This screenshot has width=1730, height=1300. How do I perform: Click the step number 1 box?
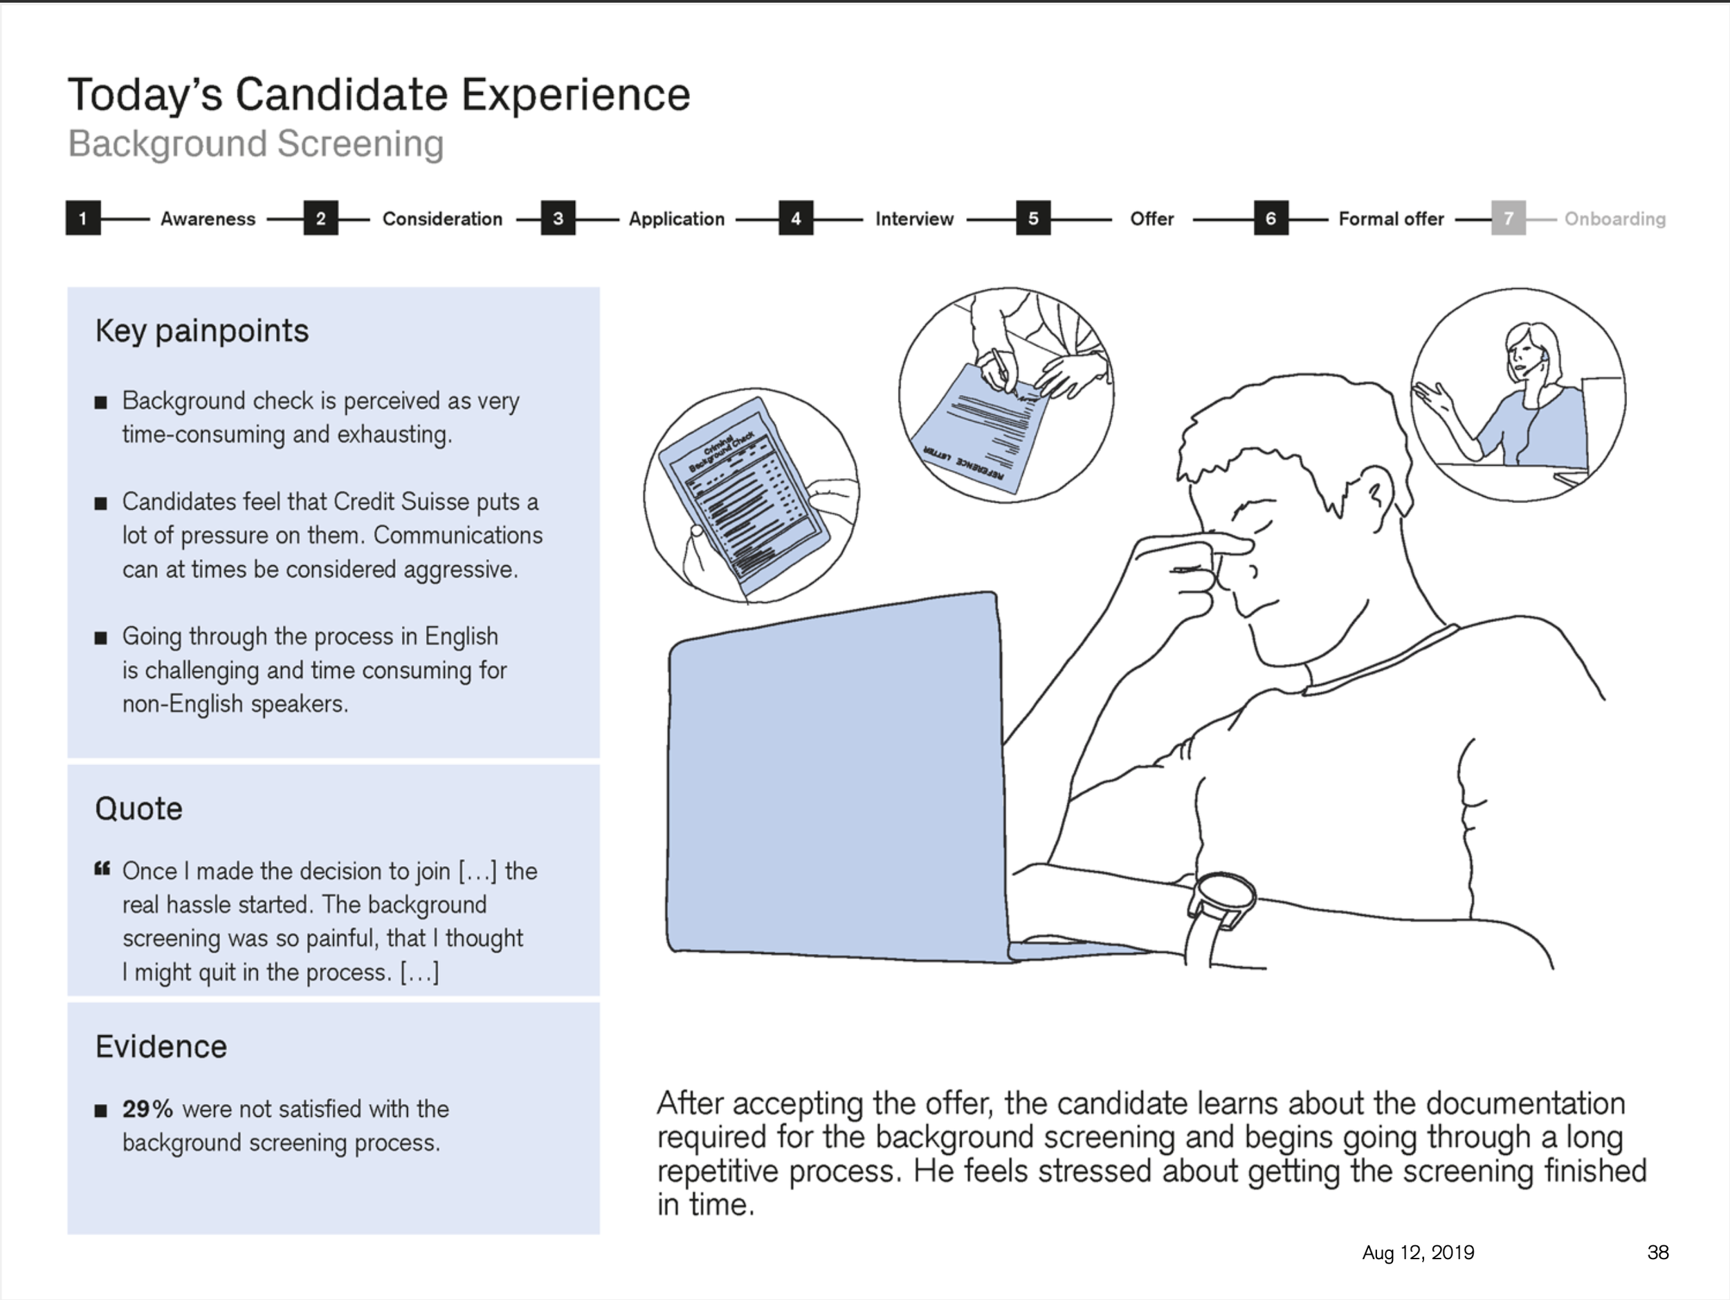coord(83,218)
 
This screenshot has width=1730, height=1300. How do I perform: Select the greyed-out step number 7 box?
coord(1508,218)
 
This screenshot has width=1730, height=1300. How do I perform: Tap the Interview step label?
coord(913,219)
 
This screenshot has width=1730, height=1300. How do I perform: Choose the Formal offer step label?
coord(1390,219)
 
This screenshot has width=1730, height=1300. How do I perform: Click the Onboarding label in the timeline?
coord(1614,219)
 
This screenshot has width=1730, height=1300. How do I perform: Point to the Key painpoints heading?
coord(202,331)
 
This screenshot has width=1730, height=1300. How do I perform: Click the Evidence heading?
coord(161,1046)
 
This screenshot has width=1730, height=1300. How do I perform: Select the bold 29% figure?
coord(147,1108)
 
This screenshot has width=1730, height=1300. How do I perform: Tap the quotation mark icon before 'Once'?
coord(102,869)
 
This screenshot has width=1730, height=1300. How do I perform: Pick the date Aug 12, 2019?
coord(1418,1252)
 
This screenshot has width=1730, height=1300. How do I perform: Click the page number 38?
coord(1657,1252)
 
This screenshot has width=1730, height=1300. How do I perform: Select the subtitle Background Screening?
coord(256,144)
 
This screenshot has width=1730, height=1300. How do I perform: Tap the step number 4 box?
coord(795,218)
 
